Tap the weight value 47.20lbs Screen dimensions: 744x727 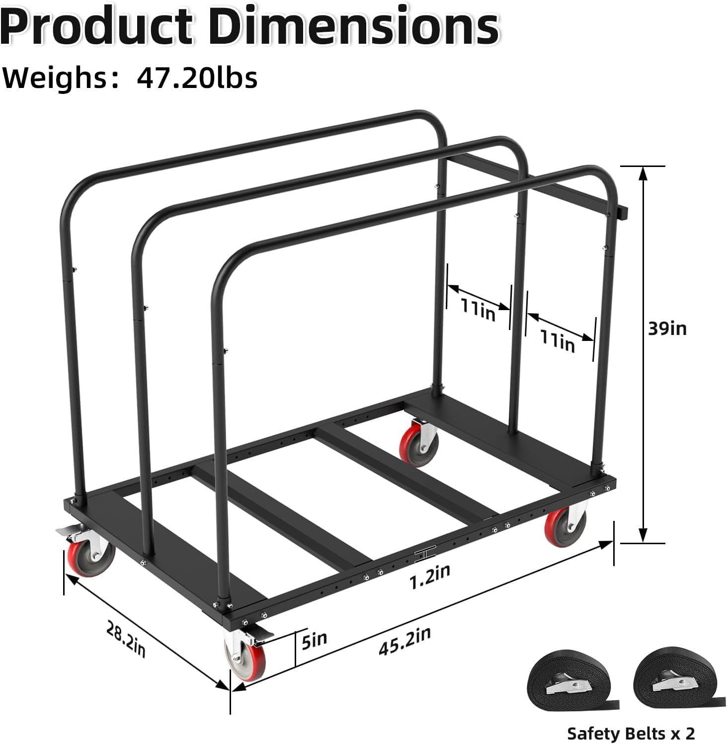pos(197,78)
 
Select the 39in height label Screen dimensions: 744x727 pos(667,328)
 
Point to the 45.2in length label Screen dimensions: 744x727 pos(404,641)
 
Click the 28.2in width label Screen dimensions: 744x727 pos(126,640)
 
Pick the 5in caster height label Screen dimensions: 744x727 pos(314,640)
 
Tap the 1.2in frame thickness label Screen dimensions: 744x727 pos(430,576)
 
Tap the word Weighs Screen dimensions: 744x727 pos(55,78)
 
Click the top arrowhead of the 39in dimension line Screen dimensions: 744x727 pos(644,174)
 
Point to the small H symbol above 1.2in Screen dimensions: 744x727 pos(424,555)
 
